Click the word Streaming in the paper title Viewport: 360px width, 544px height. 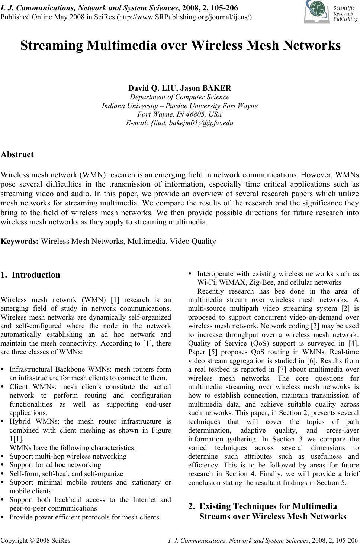52,45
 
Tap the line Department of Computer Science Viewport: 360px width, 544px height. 180,97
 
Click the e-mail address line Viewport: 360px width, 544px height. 180,123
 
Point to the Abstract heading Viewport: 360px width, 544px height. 17,155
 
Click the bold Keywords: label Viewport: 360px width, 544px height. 20,242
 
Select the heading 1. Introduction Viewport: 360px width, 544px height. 30,275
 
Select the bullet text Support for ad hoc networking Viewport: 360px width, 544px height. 55,465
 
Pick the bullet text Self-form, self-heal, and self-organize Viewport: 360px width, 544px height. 66,474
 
